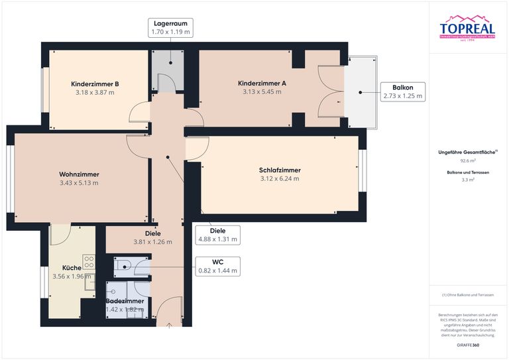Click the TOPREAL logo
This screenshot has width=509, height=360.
[467, 28]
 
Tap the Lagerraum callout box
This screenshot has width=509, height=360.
[170, 27]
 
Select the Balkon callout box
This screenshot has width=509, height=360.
[402, 91]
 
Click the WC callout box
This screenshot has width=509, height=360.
[218, 266]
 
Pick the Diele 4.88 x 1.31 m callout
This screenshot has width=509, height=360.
[218, 235]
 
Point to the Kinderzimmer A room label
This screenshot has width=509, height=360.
[262, 83]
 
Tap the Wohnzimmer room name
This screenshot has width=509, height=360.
[79, 174]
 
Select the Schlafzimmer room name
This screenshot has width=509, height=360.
[280, 170]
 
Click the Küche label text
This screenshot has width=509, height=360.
[62, 269]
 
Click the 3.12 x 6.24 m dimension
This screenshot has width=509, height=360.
[280, 178]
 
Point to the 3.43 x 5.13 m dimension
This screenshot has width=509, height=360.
[79, 183]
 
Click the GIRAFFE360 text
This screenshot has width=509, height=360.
[468, 345]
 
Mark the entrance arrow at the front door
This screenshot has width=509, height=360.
[169, 325]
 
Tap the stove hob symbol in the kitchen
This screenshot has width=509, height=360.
[88, 262]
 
